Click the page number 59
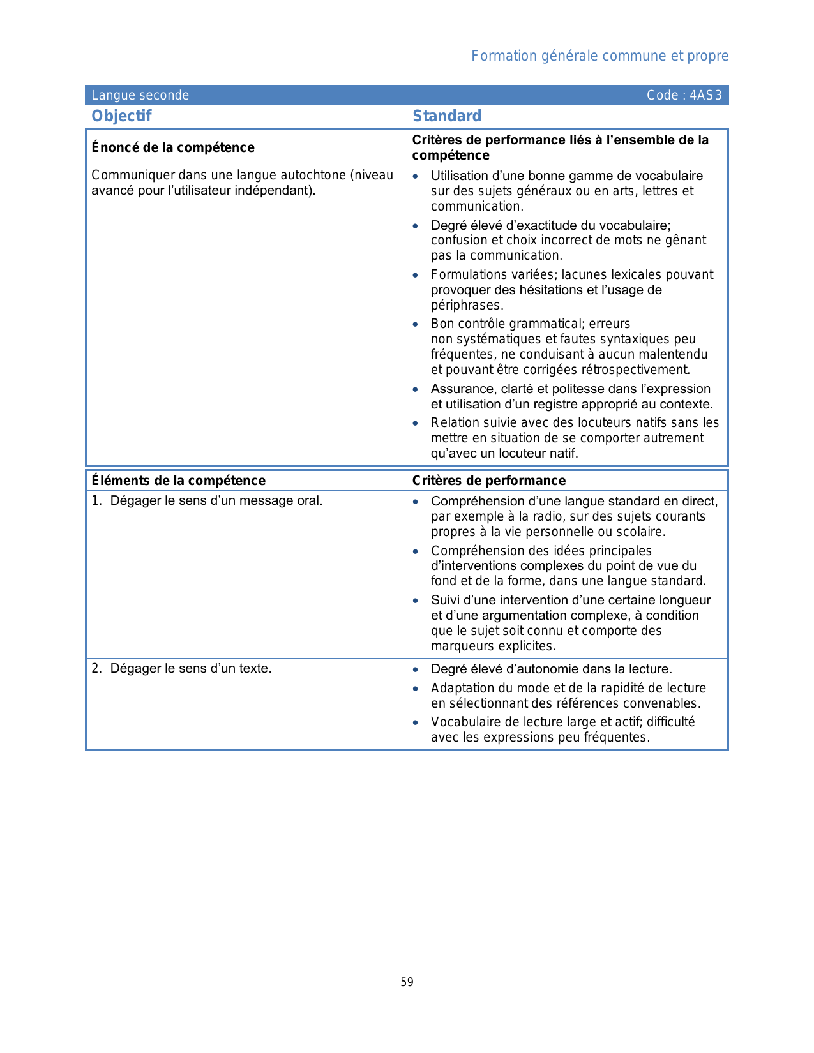coord(407,982)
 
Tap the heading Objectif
coord(121,116)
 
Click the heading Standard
coord(447,116)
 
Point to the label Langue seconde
coord(140,95)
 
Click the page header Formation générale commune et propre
coord(599,56)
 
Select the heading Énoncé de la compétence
coord(173,147)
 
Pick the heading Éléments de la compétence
coord(178,481)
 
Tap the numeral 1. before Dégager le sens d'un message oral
coord(96,500)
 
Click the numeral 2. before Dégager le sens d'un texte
coord(96,668)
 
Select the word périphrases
coord(466,305)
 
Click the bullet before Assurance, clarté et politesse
coord(416,389)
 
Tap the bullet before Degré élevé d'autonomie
coord(416,669)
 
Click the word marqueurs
coord(459,646)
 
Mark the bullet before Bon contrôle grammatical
coord(416,324)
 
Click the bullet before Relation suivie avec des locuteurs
coord(416,423)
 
